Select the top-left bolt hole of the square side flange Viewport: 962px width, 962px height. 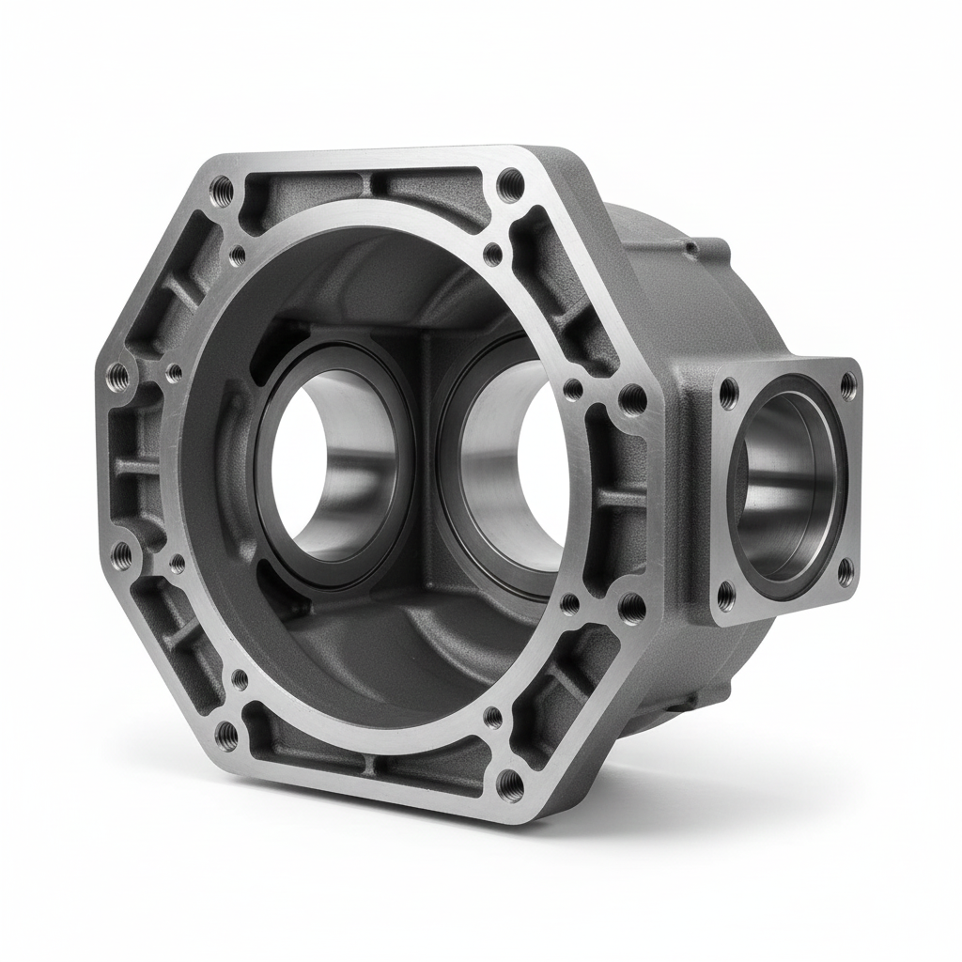tap(729, 396)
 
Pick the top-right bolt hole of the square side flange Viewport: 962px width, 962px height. tap(847, 384)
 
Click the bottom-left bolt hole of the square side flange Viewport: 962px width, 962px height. tap(726, 594)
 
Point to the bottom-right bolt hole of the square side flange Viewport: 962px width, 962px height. tap(845, 570)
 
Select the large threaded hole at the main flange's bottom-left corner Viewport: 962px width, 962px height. tap(225, 733)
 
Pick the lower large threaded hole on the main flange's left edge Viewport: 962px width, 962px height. tap(121, 556)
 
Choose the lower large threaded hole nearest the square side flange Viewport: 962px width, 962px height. tap(632, 606)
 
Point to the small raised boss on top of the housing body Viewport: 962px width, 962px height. tap(691, 249)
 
